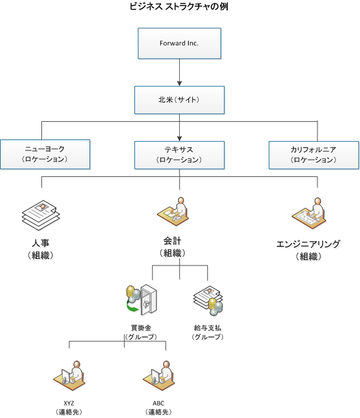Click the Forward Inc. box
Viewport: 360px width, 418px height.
click(x=179, y=44)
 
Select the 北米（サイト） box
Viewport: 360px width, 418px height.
click(x=179, y=100)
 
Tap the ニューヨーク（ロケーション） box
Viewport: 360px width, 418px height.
click(x=45, y=154)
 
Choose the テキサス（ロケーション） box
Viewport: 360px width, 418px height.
click(x=179, y=154)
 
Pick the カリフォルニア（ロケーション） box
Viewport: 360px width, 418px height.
click(x=313, y=154)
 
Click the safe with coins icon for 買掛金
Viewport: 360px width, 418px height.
click(x=141, y=299)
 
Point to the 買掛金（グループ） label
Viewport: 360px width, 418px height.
click(x=141, y=332)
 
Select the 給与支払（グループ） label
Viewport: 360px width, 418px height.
click(x=207, y=332)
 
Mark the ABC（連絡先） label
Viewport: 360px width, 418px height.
click(x=158, y=408)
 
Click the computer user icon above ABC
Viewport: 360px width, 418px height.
click(x=158, y=375)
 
